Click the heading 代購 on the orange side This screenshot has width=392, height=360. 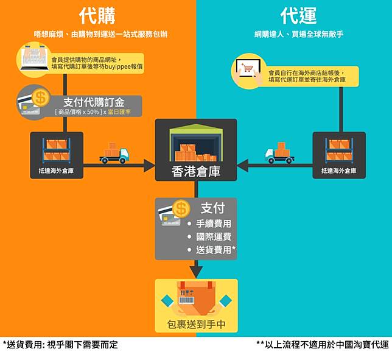click(97, 15)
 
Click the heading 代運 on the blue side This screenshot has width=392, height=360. click(298, 15)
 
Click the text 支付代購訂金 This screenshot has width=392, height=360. click(94, 102)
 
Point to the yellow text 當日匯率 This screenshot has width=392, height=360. click(119, 112)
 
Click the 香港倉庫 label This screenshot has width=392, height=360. click(196, 172)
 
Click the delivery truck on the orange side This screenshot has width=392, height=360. click(114, 153)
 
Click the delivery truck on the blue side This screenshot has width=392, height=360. click(279, 153)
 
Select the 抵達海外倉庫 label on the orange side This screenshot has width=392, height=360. click(56, 171)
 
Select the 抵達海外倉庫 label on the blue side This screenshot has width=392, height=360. click(339, 171)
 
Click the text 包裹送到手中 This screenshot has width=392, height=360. click(196, 325)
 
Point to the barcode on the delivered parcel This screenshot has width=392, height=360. click(186, 300)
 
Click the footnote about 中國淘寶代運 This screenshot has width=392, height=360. click(323, 345)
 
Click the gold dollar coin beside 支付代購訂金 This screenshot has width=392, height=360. click(41, 98)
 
